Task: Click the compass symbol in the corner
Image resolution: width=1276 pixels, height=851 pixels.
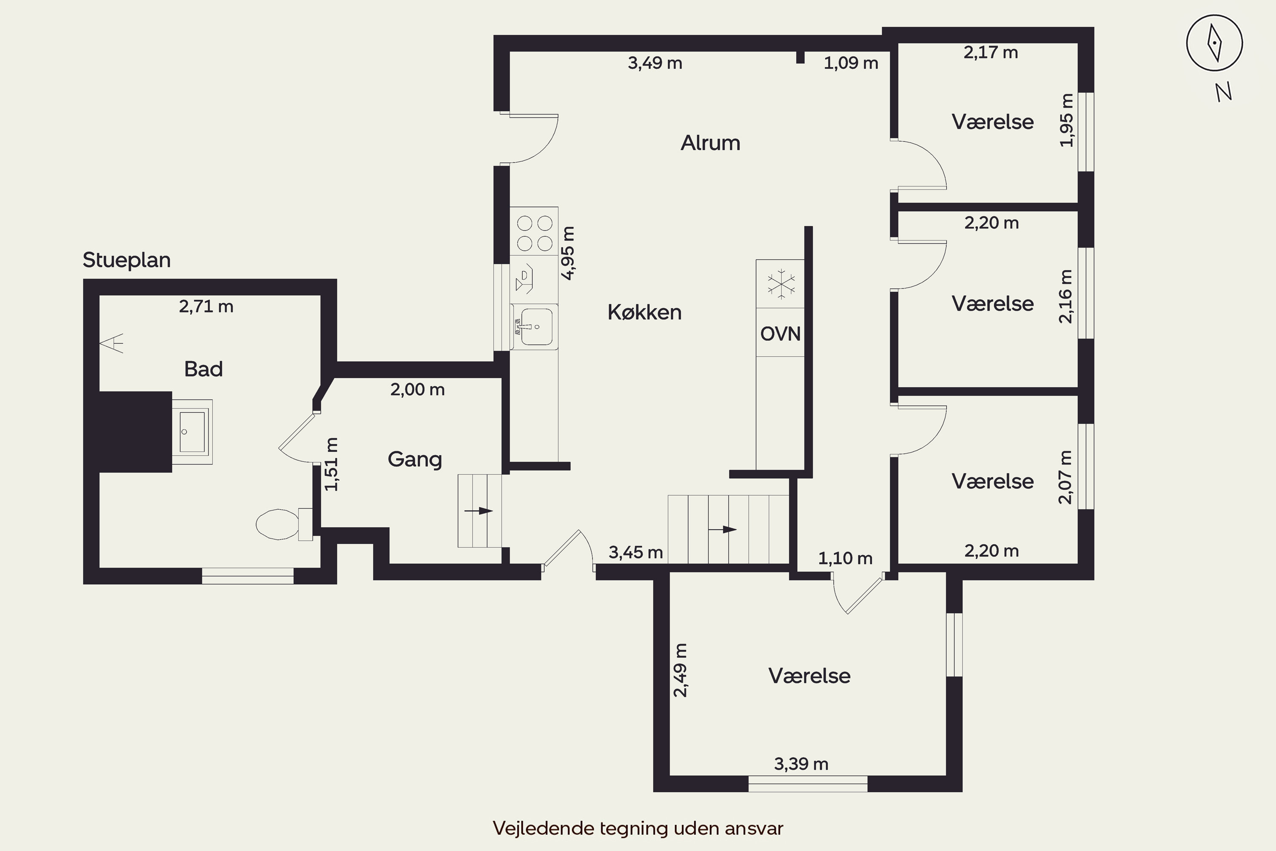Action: coord(1214,43)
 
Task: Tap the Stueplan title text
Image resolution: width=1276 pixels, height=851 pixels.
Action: coord(126,260)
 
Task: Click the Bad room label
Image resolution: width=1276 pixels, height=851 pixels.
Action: coord(203,369)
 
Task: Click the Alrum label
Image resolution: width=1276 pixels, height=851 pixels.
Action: coord(710,143)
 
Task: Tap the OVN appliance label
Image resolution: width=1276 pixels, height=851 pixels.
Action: coord(780,334)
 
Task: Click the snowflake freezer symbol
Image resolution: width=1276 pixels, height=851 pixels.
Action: coord(780,284)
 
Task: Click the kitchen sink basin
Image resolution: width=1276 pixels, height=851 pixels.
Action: coord(536,327)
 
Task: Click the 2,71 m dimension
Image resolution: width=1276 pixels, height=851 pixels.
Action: coord(206,307)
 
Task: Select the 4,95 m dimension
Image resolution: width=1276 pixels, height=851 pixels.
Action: coord(567,253)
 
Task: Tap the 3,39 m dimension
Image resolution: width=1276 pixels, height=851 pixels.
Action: coord(801,764)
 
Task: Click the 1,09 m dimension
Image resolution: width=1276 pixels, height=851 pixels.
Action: coord(851,63)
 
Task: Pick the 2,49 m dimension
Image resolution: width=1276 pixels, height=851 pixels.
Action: coord(680,670)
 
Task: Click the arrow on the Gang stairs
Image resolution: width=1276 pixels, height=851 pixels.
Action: coord(478,511)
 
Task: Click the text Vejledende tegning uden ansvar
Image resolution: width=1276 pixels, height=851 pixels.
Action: coord(638,828)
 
